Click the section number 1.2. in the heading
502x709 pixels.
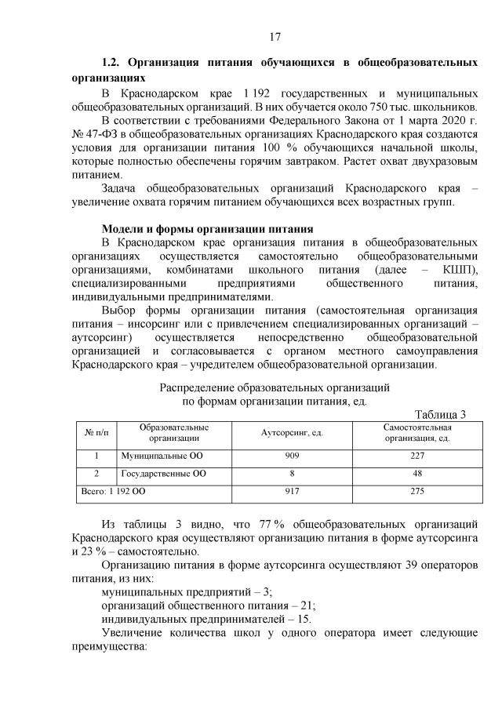(x=115, y=61)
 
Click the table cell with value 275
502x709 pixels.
(x=416, y=492)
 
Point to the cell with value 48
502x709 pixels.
(x=416, y=474)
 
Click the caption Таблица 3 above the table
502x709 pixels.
(x=439, y=415)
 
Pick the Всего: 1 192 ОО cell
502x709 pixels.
(x=114, y=492)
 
